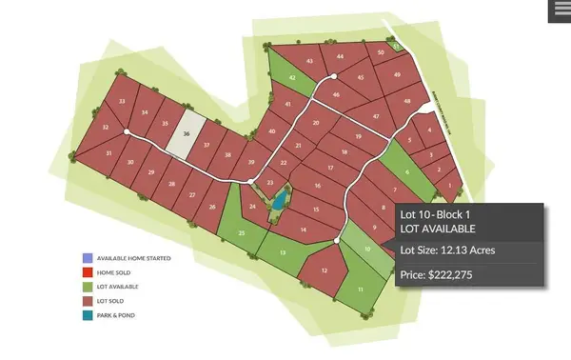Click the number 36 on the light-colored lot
(x=187, y=134)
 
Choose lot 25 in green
(x=241, y=231)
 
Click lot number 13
(x=284, y=252)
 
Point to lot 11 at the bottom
(x=361, y=290)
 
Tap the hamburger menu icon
(x=559, y=10)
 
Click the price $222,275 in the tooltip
(x=435, y=274)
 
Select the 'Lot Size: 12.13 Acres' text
(x=447, y=250)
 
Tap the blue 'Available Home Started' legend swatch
(x=87, y=257)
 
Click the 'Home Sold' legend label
(x=119, y=271)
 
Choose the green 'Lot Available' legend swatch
(x=87, y=286)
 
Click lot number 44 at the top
(x=340, y=57)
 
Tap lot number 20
(x=315, y=123)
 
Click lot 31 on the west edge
(x=109, y=152)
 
